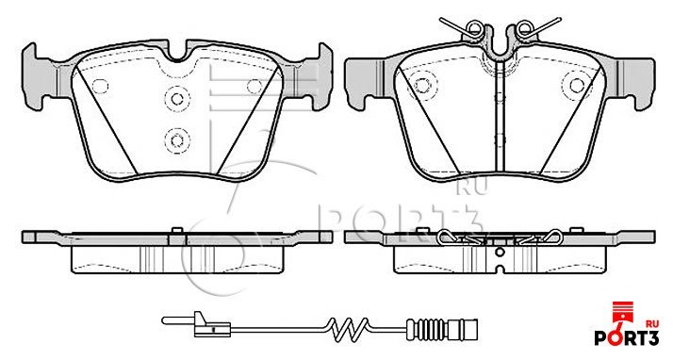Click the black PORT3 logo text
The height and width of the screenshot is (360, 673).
(626, 337)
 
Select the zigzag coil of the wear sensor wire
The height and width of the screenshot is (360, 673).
(347, 329)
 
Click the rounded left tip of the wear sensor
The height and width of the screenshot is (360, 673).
(165, 320)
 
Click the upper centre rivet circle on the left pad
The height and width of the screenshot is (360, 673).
(177, 99)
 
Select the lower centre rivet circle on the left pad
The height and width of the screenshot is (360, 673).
(177, 139)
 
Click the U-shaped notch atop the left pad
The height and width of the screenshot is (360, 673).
(177, 54)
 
